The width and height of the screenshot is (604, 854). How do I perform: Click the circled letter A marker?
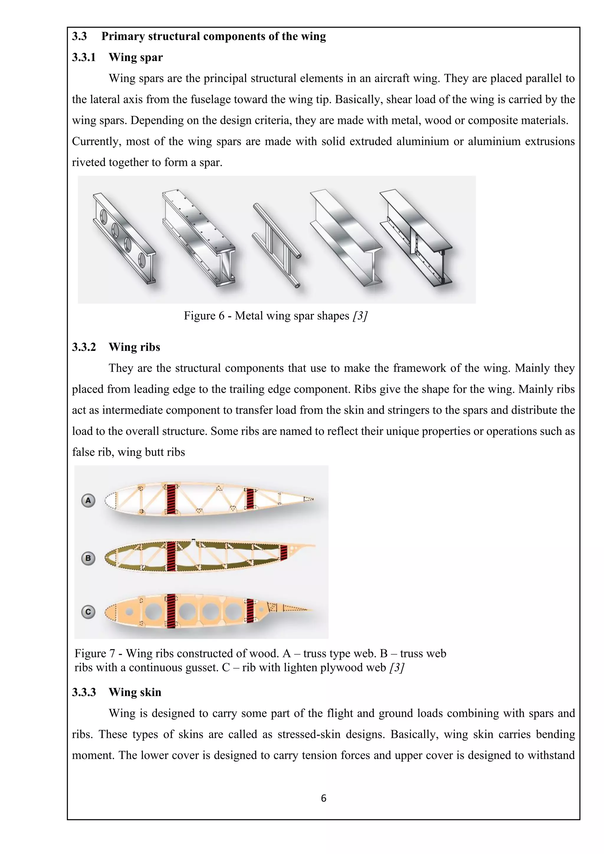88,500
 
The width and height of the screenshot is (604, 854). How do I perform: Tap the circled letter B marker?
88,558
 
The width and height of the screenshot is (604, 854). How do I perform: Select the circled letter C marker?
88,612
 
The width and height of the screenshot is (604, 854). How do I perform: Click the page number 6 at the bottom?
323,798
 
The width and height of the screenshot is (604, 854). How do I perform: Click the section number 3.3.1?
84,57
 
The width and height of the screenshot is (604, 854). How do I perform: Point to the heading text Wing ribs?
134,347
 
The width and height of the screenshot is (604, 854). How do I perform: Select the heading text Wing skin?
135,692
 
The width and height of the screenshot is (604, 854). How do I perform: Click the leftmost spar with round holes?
124,238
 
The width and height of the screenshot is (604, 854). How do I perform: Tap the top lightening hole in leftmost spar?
104,216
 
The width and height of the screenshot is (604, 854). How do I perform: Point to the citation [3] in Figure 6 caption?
360,316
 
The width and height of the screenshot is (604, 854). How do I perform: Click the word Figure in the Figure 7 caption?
90,653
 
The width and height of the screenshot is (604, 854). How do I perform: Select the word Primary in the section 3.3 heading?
123,37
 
